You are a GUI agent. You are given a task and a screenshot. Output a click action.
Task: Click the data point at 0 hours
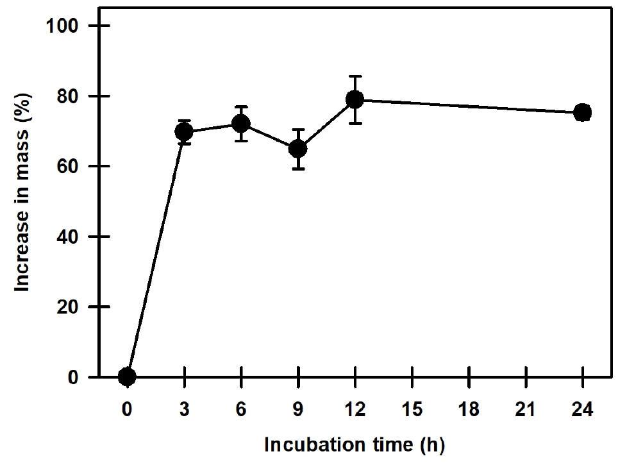(x=127, y=376)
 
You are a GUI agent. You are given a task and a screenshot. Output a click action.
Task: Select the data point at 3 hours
(x=184, y=131)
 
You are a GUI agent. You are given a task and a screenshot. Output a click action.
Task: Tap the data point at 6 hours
(x=241, y=124)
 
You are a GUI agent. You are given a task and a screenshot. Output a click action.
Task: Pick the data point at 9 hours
(x=298, y=149)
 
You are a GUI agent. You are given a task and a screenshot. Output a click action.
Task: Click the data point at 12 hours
(x=355, y=99)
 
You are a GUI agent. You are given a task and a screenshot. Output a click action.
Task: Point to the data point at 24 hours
(x=582, y=112)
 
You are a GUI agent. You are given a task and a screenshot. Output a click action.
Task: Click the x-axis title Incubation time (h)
(x=355, y=444)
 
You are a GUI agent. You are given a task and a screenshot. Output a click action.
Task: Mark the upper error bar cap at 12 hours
(x=355, y=76)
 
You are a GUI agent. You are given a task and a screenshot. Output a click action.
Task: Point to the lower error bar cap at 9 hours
(x=298, y=169)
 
